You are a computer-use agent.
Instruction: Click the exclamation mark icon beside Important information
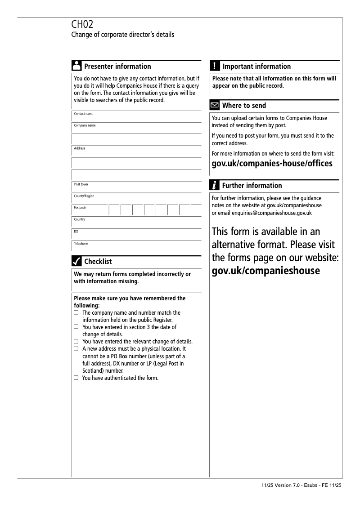click(x=215, y=66)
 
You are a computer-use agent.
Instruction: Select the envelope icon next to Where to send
click(x=215, y=106)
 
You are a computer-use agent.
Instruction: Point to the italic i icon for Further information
click(x=215, y=185)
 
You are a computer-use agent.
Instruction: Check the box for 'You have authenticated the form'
click(x=76, y=378)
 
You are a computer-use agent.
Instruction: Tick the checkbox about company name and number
click(x=76, y=312)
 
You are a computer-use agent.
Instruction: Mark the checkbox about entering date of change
click(x=76, y=327)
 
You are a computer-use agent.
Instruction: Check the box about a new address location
click(x=76, y=348)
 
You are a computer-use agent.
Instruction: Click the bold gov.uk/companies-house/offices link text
click(x=272, y=163)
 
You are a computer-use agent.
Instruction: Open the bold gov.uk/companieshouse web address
click(x=265, y=271)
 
